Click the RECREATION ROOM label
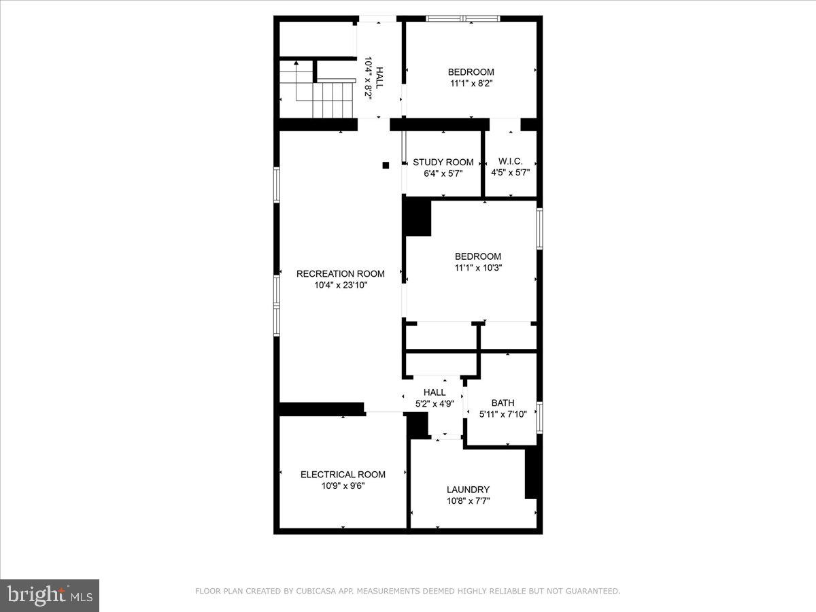click(x=340, y=274)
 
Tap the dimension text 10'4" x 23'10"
click(x=340, y=286)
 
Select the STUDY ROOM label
click(x=443, y=162)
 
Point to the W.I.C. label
click(x=510, y=161)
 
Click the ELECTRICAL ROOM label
click(x=343, y=475)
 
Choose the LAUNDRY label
click(x=468, y=490)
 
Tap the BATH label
click(x=503, y=403)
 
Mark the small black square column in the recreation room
click(x=386, y=165)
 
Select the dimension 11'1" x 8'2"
click(x=471, y=84)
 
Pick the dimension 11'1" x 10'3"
click(x=477, y=268)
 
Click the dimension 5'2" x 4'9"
click(x=435, y=403)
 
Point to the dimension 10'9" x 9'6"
click(x=343, y=486)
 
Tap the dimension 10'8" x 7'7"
click(x=468, y=501)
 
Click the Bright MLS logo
click(x=49, y=595)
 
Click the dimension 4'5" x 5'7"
click(x=510, y=173)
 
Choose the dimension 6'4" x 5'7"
click(x=443, y=173)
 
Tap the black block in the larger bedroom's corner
click(x=418, y=218)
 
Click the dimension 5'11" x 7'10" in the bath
click(x=503, y=414)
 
